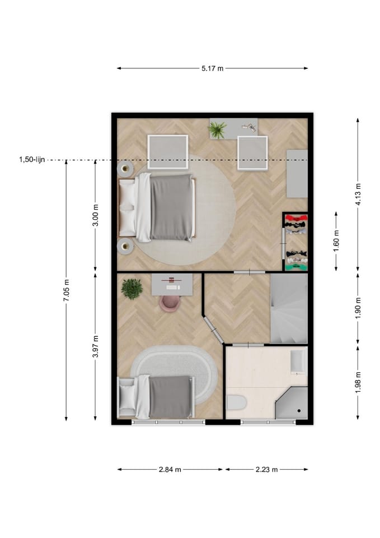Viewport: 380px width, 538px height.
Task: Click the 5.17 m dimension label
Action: pos(212,68)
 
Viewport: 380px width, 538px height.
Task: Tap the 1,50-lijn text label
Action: pos(32,160)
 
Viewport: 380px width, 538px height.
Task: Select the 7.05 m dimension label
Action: pos(66,291)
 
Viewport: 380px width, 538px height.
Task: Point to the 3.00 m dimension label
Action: pos(96,215)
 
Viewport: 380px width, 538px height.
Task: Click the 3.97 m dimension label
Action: pos(96,346)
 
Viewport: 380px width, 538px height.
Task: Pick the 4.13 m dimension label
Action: pos(358,194)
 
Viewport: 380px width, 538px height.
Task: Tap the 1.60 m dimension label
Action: pos(336,241)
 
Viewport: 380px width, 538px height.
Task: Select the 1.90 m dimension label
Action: pos(358,308)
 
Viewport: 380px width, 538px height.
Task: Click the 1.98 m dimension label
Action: pos(358,383)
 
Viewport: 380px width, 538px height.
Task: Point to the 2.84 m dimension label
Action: pos(170,470)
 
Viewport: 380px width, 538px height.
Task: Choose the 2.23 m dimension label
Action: pos(266,470)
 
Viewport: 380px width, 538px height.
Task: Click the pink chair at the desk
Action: pos(170,303)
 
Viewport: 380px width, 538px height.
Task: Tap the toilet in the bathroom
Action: pos(237,402)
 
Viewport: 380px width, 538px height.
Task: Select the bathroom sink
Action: pos(298,361)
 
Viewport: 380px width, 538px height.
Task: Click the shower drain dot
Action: pos(299,410)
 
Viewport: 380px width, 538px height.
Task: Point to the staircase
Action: pos(289,308)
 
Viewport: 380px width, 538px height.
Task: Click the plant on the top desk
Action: pos(217,130)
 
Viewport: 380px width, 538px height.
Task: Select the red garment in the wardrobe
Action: pos(296,218)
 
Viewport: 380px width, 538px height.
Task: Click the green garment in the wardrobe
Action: pos(297,267)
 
